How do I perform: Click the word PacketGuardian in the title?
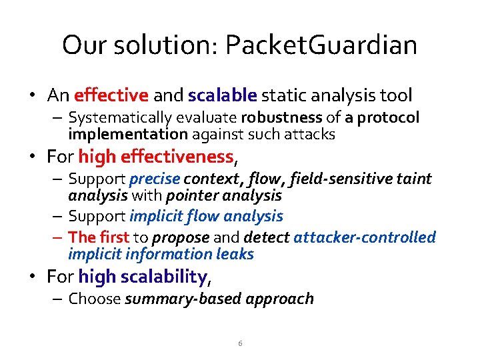(321, 45)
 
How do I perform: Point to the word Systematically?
(119, 119)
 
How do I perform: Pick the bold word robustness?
(281, 119)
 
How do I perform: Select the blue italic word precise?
(154, 179)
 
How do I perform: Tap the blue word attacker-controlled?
(364, 237)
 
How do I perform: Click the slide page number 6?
(240, 343)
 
